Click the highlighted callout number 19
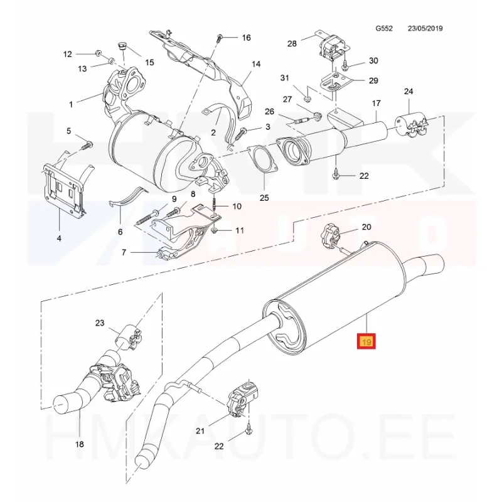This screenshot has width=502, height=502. tap(366, 342)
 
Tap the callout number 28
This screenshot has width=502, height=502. tap(292, 43)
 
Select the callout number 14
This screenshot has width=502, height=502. tap(256, 64)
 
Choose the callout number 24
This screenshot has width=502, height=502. tap(409, 92)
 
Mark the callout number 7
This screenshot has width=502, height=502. tap(124, 252)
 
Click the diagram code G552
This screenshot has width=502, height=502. tap(384, 28)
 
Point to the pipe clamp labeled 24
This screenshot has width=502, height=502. tap(411, 123)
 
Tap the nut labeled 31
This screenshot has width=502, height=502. tap(307, 97)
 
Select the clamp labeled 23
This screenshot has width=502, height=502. tap(129, 336)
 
